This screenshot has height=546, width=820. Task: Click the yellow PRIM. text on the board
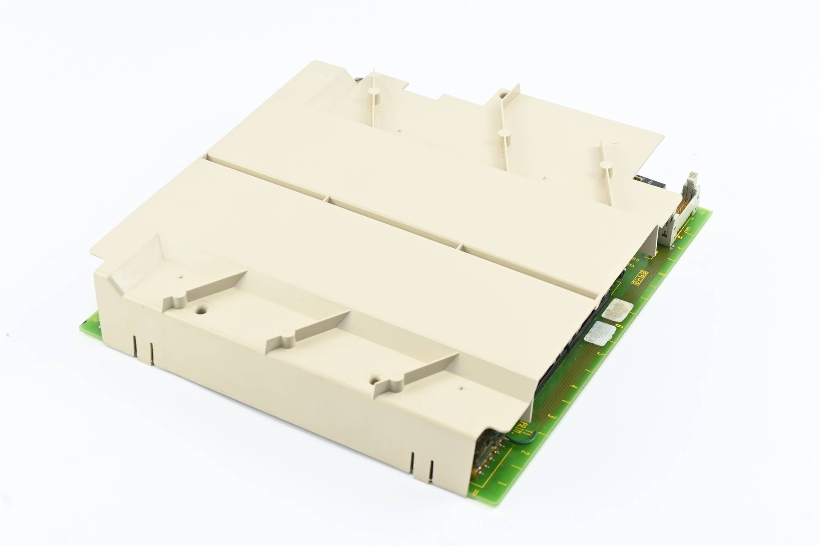tap(525, 430)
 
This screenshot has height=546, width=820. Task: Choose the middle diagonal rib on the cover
tap(307, 330)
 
